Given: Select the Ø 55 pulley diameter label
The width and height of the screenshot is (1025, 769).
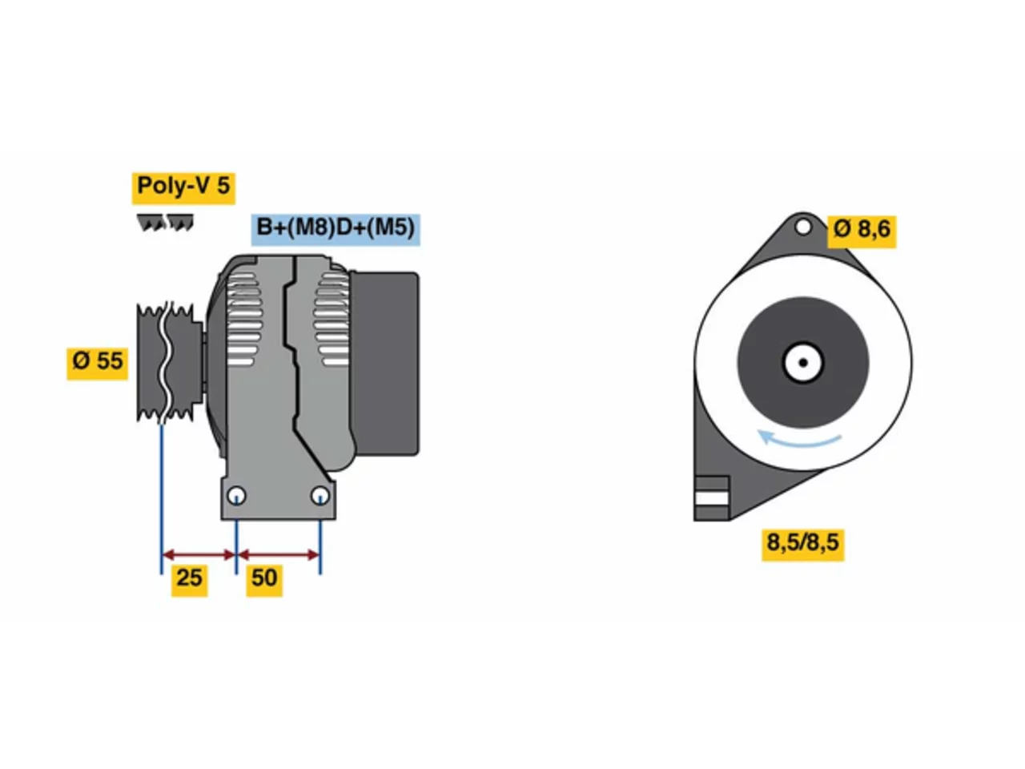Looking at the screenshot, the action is point(97,362).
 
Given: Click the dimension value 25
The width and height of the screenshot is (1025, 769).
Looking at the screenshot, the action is point(188,579).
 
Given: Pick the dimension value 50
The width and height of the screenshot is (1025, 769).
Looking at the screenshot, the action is point(263,579).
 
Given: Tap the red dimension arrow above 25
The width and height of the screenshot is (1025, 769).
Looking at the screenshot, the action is point(198,554).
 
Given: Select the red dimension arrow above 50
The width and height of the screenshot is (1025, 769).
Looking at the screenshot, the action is point(279,554).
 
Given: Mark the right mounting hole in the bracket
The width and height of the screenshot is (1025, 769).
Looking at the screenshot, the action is point(320,495).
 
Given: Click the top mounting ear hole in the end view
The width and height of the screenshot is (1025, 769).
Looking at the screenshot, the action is point(802,227).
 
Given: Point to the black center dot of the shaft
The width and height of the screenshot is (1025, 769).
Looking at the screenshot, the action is point(802,362).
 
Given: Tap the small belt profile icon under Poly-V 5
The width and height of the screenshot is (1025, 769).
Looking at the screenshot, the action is point(165,222).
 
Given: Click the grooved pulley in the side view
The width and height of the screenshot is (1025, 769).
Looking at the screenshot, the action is point(170,362).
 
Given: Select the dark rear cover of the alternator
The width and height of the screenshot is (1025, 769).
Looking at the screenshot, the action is point(384,363).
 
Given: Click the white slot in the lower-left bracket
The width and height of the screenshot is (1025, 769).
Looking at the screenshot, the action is point(711,498).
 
